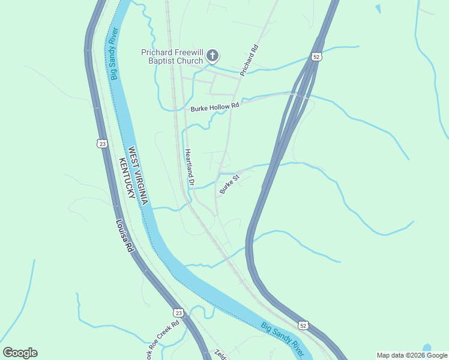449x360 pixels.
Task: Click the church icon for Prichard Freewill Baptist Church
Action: pyautogui.click(x=212, y=56)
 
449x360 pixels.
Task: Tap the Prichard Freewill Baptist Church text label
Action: pyautogui.click(x=173, y=56)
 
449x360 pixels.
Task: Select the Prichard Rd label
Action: pyautogui.click(x=249, y=61)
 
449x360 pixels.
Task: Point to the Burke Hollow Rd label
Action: pyautogui.click(x=215, y=107)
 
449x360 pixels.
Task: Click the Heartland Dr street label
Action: pyautogui.click(x=189, y=167)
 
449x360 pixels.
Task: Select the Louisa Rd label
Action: pyautogui.click(x=124, y=236)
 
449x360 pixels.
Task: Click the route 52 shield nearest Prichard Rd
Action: pyautogui.click(x=316, y=56)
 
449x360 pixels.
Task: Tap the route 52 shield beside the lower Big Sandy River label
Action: pyautogui.click(x=303, y=325)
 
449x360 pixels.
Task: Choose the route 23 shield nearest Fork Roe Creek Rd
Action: pyautogui.click(x=178, y=313)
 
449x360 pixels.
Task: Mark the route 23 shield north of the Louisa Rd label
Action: pyautogui.click(x=102, y=143)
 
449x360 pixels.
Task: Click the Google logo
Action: pyautogui.click(x=20, y=353)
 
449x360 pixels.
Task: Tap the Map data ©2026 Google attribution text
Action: pyautogui.click(x=411, y=355)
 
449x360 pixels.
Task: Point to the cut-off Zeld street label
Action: pyautogui.click(x=218, y=355)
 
